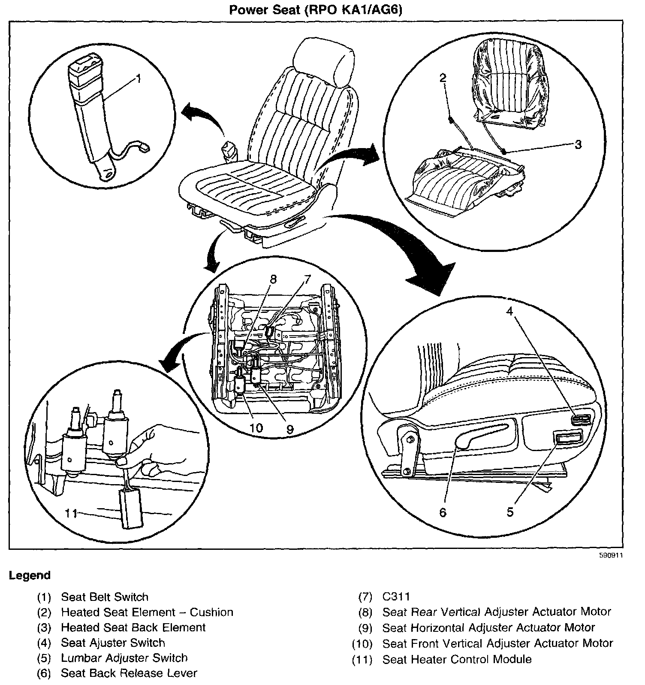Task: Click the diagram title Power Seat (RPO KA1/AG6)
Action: pyautogui.click(x=316, y=9)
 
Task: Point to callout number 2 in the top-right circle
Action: pyautogui.click(x=443, y=78)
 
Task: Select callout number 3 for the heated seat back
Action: pyautogui.click(x=578, y=145)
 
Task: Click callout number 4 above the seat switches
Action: pyautogui.click(x=509, y=311)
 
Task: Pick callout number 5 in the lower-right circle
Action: pyautogui.click(x=509, y=512)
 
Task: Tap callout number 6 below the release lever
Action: pyautogui.click(x=443, y=512)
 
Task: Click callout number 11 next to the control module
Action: pyautogui.click(x=71, y=513)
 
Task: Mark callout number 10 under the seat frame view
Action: pyautogui.click(x=256, y=428)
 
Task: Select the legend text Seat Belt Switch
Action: pyautogui.click(x=105, y=597)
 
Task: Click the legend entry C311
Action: pyautogui.click(x=396, y=597)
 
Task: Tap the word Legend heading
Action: pyautogui.click(x=30, y=575)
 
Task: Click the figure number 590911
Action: pyautogui.click(x=611, y=555)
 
